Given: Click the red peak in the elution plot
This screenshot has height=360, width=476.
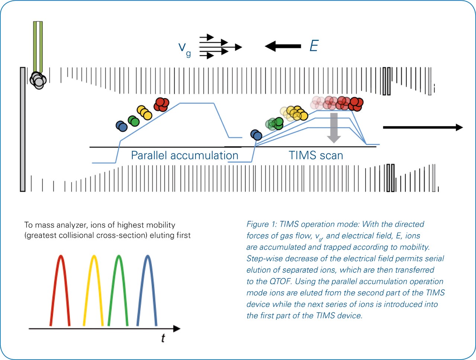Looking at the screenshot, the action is point(61,256).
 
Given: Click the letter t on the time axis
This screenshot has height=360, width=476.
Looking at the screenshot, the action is point(163,338).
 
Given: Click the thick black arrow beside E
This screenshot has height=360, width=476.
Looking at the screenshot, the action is point(283,46).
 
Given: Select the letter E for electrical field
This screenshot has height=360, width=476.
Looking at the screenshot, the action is point(314,46).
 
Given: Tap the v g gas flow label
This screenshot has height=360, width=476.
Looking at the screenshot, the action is point(184,49).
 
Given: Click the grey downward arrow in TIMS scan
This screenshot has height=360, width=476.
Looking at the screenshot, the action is point(334,128).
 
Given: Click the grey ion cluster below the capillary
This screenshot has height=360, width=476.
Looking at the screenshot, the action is point(38,80).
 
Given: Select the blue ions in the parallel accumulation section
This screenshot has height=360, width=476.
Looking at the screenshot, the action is point(122,126).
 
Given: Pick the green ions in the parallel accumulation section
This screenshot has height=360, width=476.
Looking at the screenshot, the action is point(134,121).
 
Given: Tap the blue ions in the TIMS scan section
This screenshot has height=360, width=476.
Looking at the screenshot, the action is point(256,135).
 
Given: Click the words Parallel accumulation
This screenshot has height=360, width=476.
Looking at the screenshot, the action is point(184,155).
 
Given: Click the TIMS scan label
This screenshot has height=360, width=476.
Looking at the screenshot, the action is point(316,155).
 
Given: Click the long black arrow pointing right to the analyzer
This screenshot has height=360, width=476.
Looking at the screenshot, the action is point(423,127).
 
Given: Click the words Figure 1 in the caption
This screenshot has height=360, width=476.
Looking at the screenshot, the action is point(261,224).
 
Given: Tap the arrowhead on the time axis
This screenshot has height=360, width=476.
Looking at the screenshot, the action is point(177,328).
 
